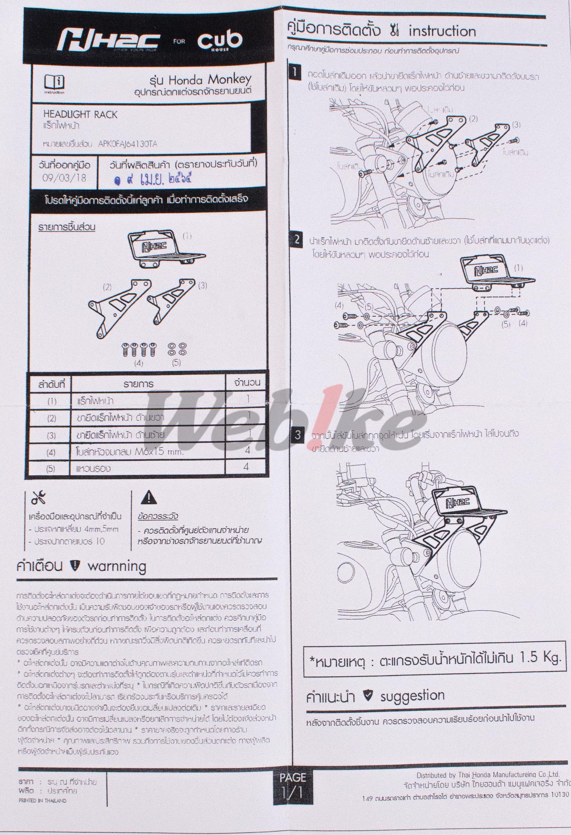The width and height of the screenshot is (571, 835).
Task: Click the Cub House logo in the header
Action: [219, 41]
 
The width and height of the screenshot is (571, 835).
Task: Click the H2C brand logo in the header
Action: [109, 41]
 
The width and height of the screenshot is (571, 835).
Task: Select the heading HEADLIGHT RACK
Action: [80, 115]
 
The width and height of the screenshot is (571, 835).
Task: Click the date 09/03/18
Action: [64, 178]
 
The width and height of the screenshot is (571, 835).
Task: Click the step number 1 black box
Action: [294, 73]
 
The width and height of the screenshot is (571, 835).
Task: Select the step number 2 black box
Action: [297, 240]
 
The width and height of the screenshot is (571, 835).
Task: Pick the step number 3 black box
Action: [297, 435]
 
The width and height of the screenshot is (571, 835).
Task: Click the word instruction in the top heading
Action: [442, 32]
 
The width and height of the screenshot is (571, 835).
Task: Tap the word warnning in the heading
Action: [117, 566]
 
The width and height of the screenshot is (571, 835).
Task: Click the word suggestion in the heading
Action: [412, 696]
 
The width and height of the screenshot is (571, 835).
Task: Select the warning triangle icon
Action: [149, 498]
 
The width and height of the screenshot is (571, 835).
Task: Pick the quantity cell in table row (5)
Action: [247, 467]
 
